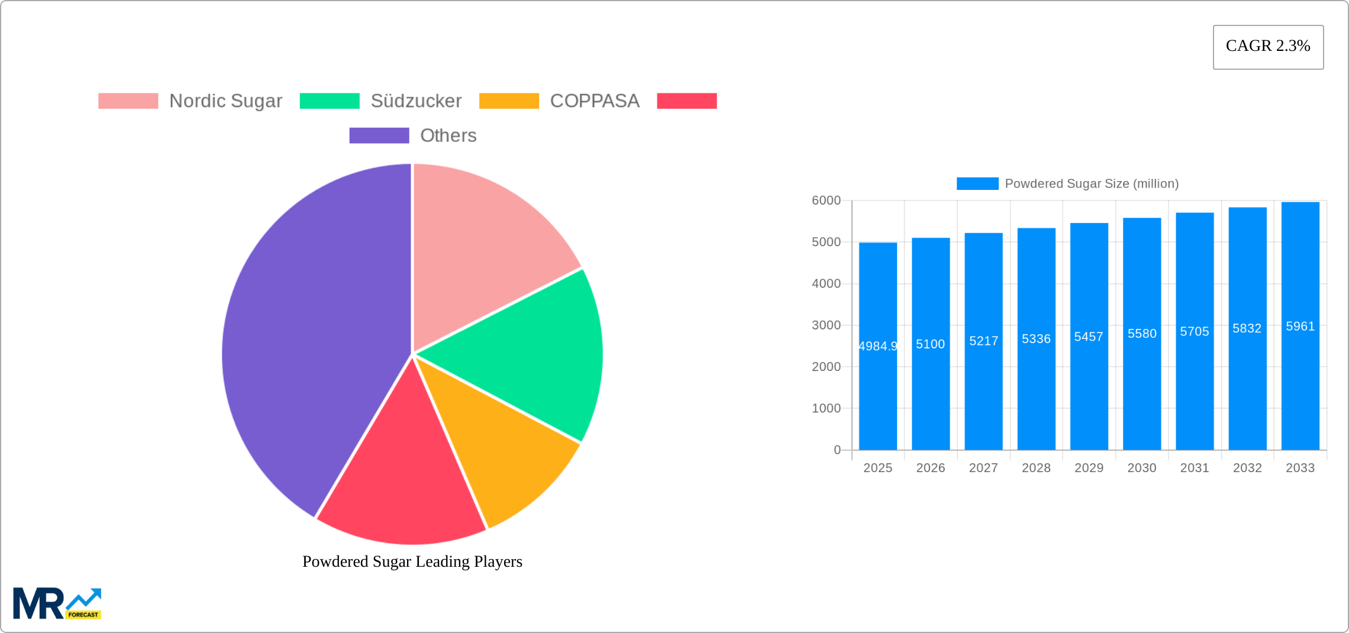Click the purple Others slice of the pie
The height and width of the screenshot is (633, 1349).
[x=308, y=343]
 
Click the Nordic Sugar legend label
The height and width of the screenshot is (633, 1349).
[x=225, y=101]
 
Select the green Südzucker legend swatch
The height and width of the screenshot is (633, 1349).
[x=330, y=101]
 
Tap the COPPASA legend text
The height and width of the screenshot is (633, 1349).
[x=595, y=101]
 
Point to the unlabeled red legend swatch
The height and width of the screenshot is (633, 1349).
[x=686, y=101]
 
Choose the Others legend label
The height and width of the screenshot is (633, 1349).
[x=448, y=135]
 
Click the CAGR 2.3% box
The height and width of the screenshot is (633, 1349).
[x=1268, y=47]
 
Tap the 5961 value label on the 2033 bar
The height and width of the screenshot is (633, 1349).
[x=1300, y=327]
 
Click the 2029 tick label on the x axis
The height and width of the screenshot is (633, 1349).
[x=1089, y=468]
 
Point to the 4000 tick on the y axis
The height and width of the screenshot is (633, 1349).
[x=826, y=284]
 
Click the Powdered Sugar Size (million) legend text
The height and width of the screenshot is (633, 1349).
[x=1092, y=184]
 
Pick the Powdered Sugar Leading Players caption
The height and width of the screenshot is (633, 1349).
[x=412, y=561]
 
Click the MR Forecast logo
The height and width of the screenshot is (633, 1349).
[x=57, y=603]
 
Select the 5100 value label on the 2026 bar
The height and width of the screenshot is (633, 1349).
[x=930, y=344]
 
